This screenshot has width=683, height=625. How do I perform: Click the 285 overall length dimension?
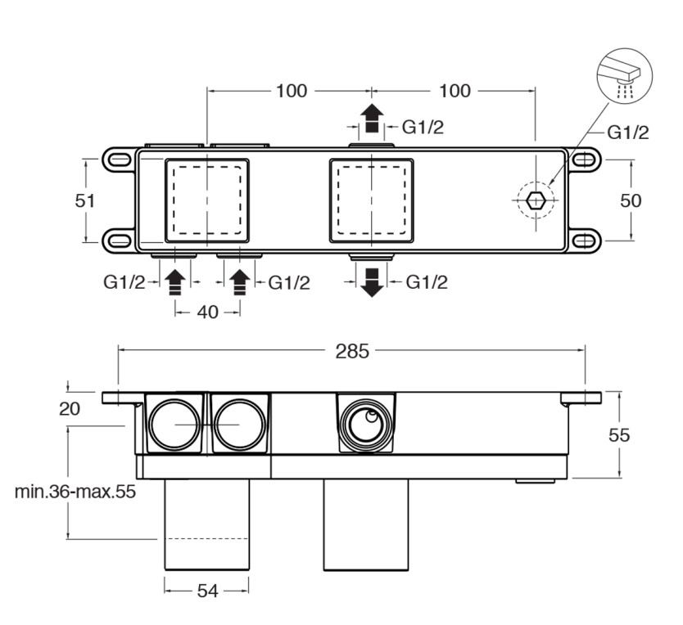tap(352, 352)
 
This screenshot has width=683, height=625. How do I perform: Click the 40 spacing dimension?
tap(208, 312)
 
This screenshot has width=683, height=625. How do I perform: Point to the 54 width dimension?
tap(208, 590)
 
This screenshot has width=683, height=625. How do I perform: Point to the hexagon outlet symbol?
tap(535, 200)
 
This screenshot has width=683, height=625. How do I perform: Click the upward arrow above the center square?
tap(373, 119)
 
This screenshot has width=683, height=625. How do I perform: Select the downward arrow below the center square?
tap(373, 281)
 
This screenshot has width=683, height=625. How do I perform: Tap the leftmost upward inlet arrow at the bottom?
tap(174, 281)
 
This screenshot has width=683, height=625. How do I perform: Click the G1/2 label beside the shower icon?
tap(627, 133)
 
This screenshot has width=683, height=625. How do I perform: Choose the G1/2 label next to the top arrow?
tap(422, 127)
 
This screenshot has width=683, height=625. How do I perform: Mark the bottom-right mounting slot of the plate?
tap(586, 241)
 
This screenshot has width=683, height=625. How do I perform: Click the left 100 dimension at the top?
tap(291, 91)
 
